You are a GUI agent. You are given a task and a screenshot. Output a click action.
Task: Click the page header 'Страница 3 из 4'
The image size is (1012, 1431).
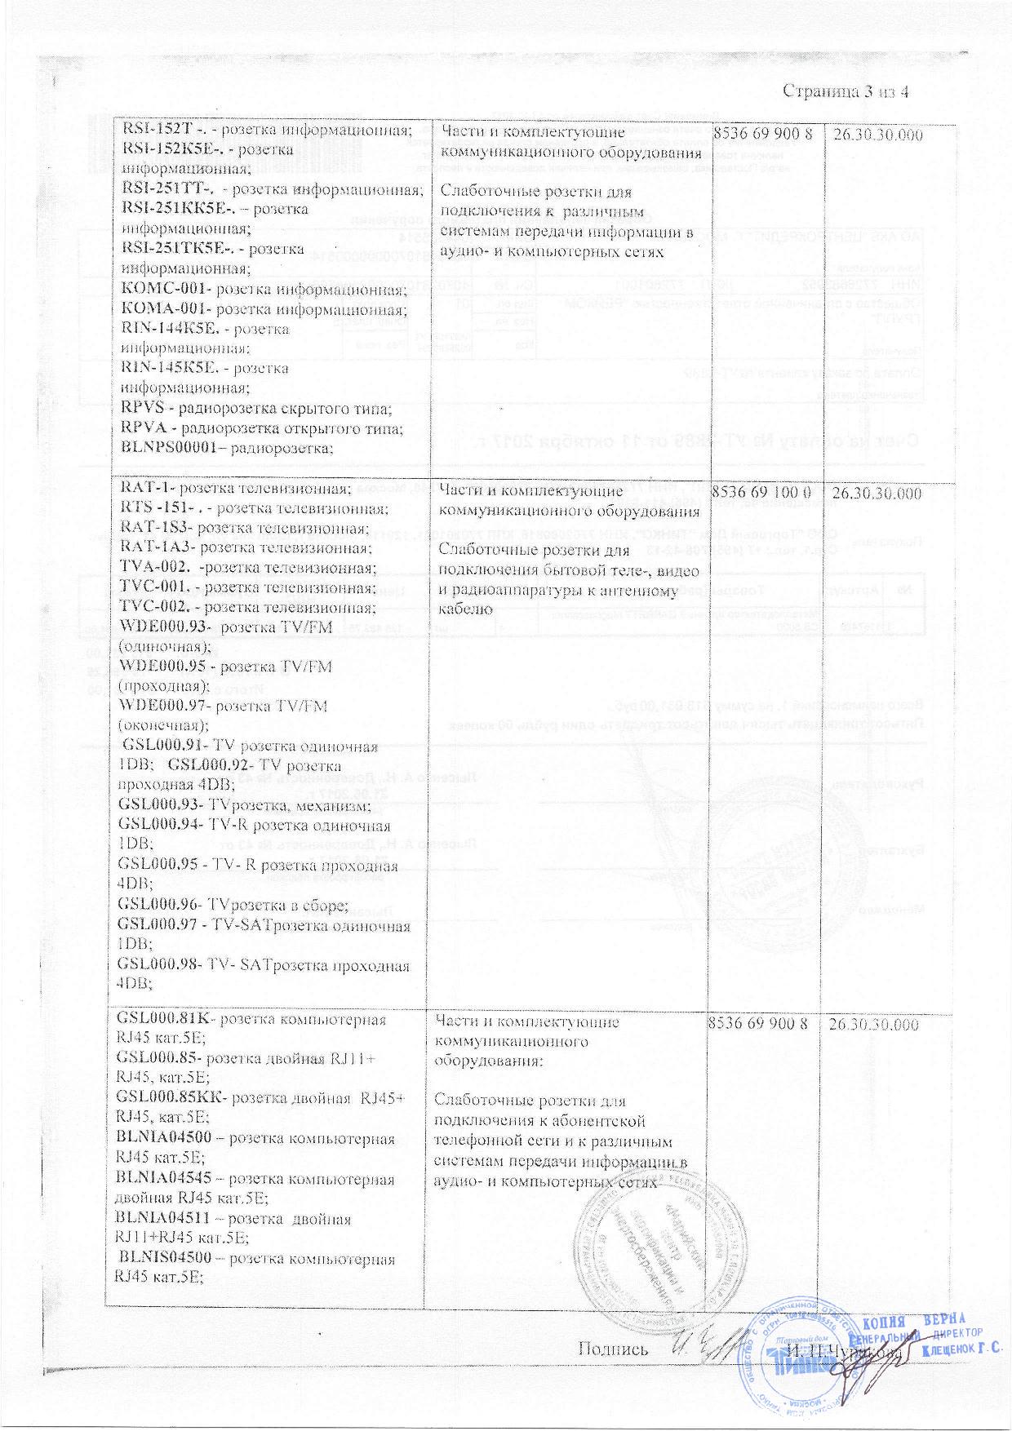click(846, 91)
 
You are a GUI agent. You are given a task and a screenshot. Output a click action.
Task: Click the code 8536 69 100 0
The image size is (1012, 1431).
click(761, 494)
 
